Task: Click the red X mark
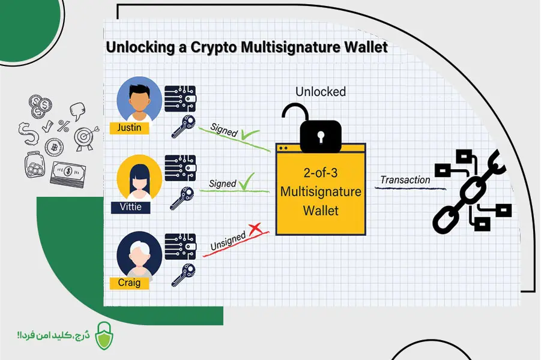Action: (256, 228)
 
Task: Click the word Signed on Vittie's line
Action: (222, 184)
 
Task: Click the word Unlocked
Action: (321, 92)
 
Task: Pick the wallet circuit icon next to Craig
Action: (180, 246)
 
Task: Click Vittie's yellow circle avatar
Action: (139, 178)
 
